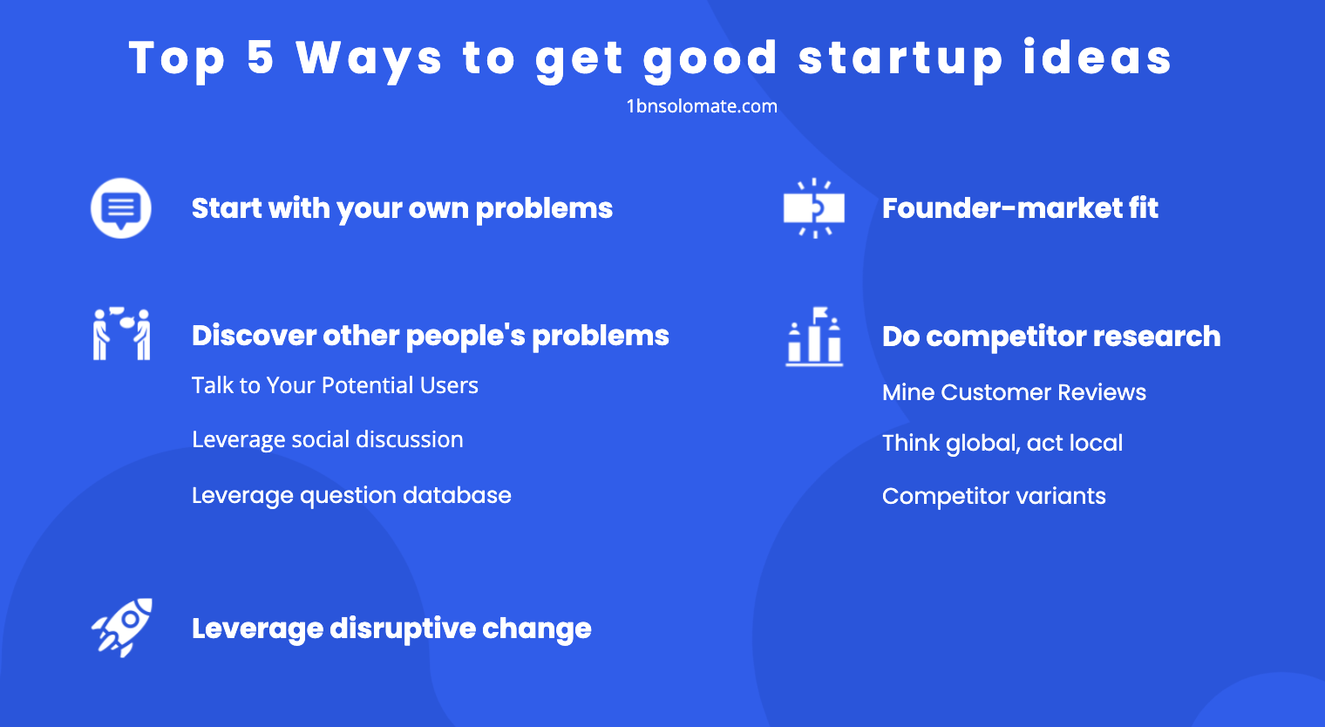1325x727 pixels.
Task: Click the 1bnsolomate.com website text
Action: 702,106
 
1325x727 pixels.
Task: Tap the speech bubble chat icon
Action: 121,207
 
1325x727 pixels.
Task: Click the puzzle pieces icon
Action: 813,208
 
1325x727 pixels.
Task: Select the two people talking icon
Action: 121,334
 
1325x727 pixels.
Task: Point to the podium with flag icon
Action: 814,336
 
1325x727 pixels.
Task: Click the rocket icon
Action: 122,628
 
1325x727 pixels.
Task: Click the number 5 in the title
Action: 260,58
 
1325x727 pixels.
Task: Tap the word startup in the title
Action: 900,58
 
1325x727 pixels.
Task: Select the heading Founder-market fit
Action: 1020,208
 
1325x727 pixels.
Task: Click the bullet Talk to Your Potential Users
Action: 335,385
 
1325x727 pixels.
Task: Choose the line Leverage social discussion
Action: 327,439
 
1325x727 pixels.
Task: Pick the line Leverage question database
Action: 351,495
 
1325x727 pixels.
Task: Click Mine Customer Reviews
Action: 1014,392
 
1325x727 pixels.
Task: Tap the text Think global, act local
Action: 1002,443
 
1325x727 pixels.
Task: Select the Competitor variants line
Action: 994,496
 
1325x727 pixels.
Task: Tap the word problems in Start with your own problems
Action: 544,209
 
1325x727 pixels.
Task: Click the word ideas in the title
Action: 1097,58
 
